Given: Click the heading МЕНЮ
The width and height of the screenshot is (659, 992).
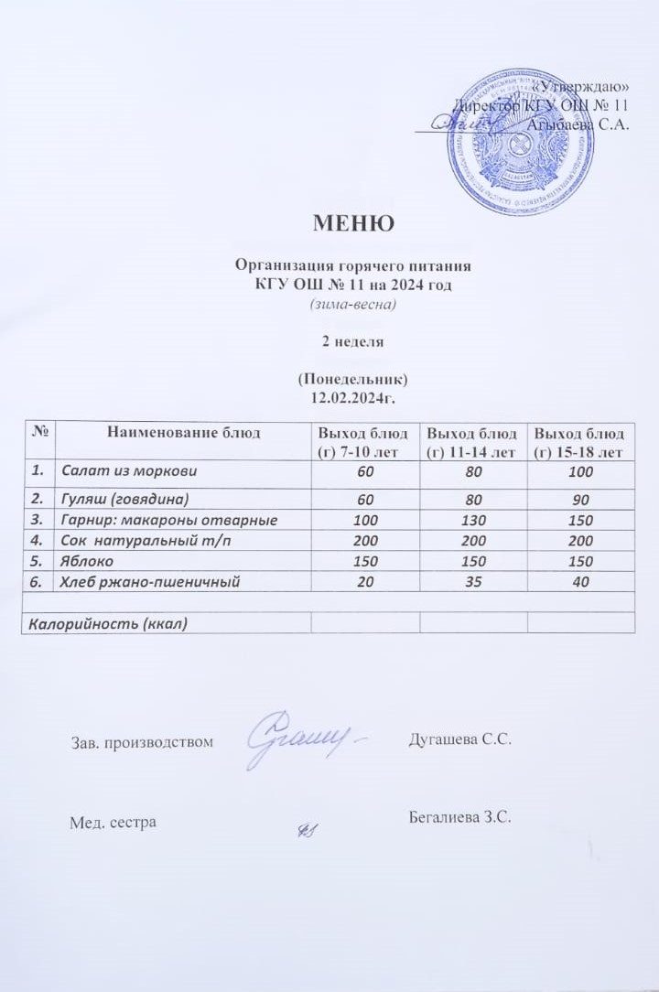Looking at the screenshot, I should [x=353, y=223].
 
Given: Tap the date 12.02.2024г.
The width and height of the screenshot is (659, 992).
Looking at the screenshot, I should [x=353, y=398].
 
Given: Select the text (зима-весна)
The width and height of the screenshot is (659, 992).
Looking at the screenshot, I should [x=353, y=305].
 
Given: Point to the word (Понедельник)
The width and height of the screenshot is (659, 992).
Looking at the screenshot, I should [x=353, y=379].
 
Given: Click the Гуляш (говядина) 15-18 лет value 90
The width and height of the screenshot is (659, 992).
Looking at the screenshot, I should [x=580, y=500].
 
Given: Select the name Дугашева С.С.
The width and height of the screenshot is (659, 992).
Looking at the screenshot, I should [x=459, y=739].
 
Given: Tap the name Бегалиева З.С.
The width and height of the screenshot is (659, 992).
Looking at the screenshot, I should [x=459, y=816].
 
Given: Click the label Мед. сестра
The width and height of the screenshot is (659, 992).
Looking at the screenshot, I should [x=113, y=822].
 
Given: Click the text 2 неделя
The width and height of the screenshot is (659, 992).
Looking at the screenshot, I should [x=353, y=341].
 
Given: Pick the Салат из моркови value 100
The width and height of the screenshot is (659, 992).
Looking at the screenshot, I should [x=580, y=471].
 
